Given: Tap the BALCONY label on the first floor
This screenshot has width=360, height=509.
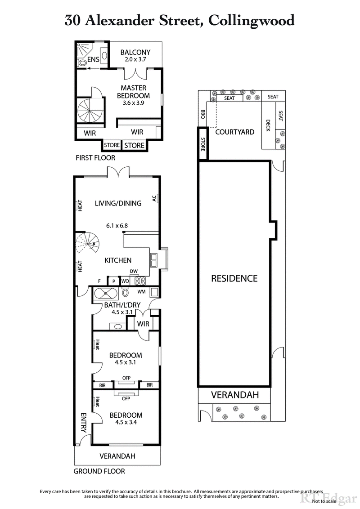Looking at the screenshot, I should point(135,52).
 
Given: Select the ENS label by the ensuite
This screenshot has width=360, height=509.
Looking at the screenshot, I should point(93,60).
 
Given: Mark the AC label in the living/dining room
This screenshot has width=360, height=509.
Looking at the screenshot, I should point(154,199).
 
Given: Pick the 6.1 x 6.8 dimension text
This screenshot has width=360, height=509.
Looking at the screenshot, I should point(118,226).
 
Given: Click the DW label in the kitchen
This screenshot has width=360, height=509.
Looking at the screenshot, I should point(133,271).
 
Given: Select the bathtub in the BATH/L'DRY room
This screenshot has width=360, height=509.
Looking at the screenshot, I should point(105,294).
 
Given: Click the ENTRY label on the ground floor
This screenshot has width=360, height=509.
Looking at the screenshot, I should point(83,423).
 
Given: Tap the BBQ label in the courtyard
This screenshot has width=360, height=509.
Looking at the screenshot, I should point(203,114).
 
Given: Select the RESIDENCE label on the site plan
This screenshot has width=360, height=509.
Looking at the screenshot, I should point(234,278).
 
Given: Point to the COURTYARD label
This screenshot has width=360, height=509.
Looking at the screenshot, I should point(234,132).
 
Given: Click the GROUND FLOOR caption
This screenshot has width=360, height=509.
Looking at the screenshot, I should point(99,471).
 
